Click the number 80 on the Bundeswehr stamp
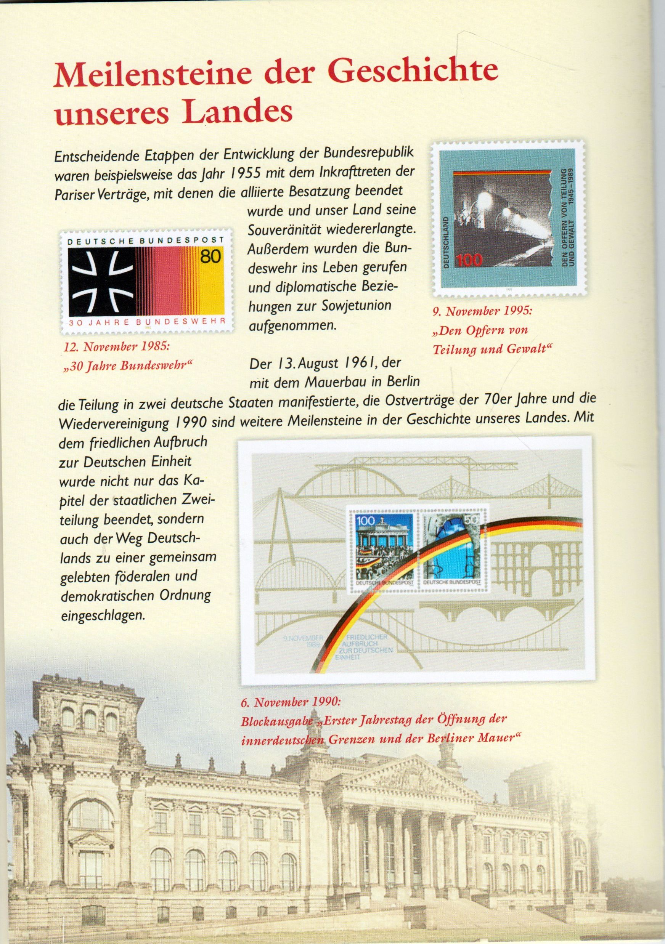(210, 256)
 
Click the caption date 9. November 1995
(481, 311)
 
